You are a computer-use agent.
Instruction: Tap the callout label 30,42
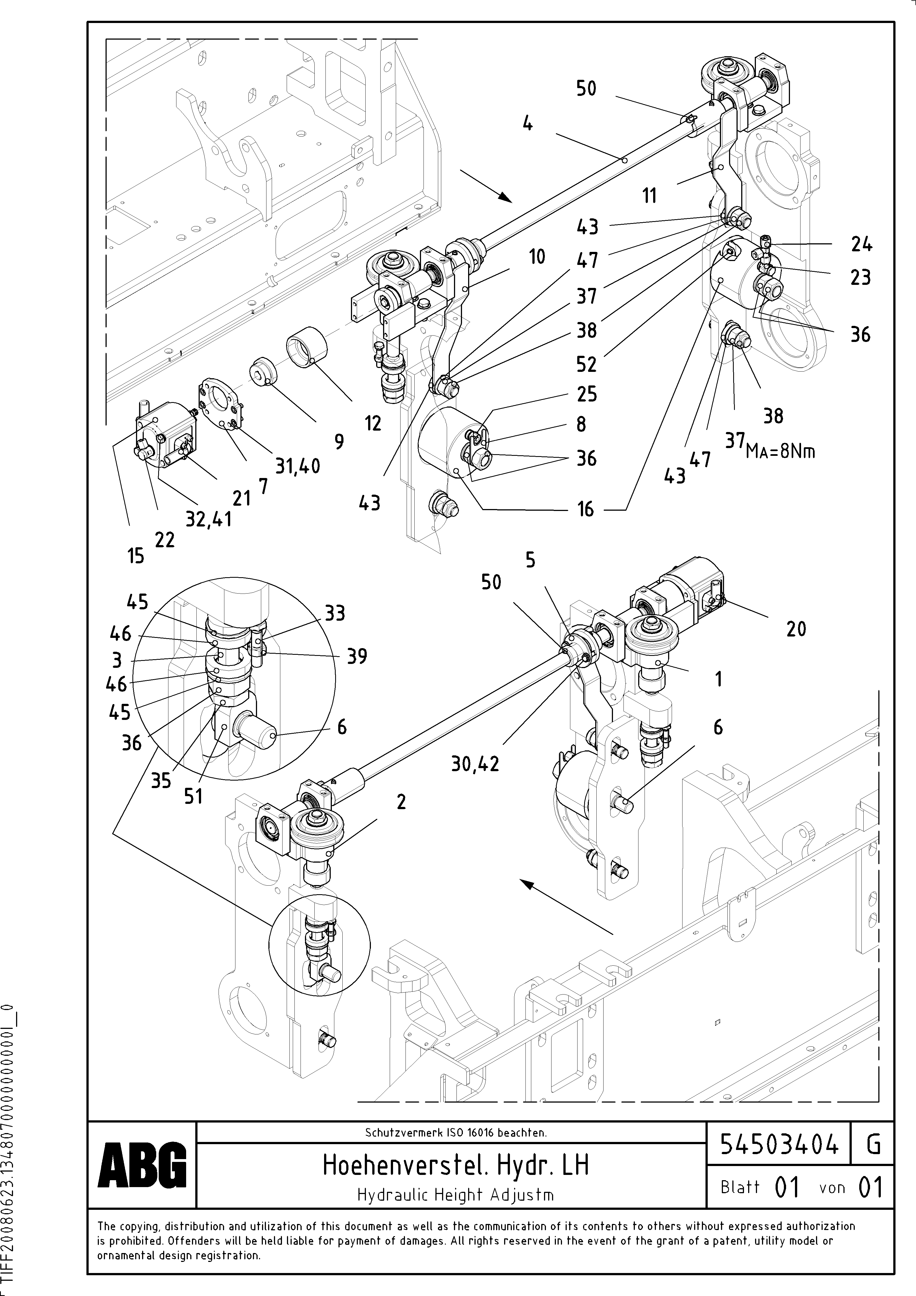[475, 764]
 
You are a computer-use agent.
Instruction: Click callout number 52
[586, 365]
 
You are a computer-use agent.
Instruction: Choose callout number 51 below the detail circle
[193, 796]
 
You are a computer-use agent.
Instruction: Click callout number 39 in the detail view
[357, 656]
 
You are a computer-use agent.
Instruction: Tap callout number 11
[650, 195]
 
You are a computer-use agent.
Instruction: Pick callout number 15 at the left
[135, 556]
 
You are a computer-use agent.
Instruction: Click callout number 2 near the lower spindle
[401, 802]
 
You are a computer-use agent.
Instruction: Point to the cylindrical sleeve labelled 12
[307, 346]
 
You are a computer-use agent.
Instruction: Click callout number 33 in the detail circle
[335, 613]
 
